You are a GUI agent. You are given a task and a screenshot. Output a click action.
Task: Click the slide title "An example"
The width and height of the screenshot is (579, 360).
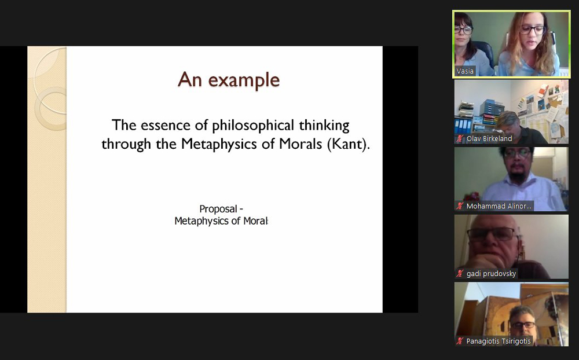click(x=229, y=80)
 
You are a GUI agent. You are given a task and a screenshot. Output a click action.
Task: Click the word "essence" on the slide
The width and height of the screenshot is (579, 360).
click(x=166, y=125)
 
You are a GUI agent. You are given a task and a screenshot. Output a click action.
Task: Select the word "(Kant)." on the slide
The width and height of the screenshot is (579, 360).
click(x=348, y=144)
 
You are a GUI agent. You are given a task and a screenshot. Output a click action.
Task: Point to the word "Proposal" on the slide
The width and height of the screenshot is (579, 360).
click(x=218, y=209)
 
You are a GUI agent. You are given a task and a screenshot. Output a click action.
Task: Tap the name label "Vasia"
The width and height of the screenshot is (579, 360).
click(x=465, y=71)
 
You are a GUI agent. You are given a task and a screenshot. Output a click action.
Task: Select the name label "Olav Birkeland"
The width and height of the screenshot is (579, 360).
click(x=489, y=139)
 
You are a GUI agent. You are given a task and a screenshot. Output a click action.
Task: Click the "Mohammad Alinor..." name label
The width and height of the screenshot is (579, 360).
click(x=499, y=206)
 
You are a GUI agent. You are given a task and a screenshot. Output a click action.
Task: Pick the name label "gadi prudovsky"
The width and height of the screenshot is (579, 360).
click(x=491, y=274)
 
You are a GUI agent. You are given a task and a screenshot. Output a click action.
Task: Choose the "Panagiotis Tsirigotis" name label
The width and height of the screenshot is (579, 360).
click(x=499, y=341)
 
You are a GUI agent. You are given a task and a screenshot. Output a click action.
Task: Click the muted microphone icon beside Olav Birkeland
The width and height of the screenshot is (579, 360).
click(x=460, y=139)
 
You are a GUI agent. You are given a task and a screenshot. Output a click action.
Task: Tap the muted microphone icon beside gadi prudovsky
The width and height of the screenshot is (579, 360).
click(x=460, y=274)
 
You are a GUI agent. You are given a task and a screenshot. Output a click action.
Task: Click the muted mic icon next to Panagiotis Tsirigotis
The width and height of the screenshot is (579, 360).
click(x=460, y=341)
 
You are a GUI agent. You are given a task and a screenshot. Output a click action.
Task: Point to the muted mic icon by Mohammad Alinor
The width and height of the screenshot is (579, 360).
click(x=460, y=206)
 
